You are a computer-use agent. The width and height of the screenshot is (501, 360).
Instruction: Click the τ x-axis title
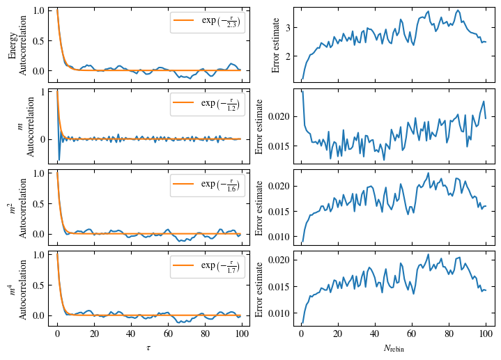[x=149, y=347]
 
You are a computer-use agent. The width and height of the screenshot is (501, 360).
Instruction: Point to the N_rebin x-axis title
[x=394, y=347]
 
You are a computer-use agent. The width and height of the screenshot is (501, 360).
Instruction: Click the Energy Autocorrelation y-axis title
[x=17, y=44]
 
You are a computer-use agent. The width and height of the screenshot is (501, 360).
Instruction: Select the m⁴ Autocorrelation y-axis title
[x=17, y=287]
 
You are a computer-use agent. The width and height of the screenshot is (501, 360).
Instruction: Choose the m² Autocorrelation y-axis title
[x=17, y=205]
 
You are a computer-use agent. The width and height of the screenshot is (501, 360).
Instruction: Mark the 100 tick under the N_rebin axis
[x=486, y=335]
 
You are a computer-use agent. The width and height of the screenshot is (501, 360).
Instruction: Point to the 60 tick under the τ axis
[x=168, y=335]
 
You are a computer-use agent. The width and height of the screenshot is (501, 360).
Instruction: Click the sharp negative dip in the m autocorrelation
[x=59, y=160]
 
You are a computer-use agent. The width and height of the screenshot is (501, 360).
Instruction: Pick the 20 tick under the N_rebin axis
[x=338, y=335]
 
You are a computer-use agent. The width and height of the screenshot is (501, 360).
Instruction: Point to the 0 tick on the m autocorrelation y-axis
[x=41, y=139]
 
